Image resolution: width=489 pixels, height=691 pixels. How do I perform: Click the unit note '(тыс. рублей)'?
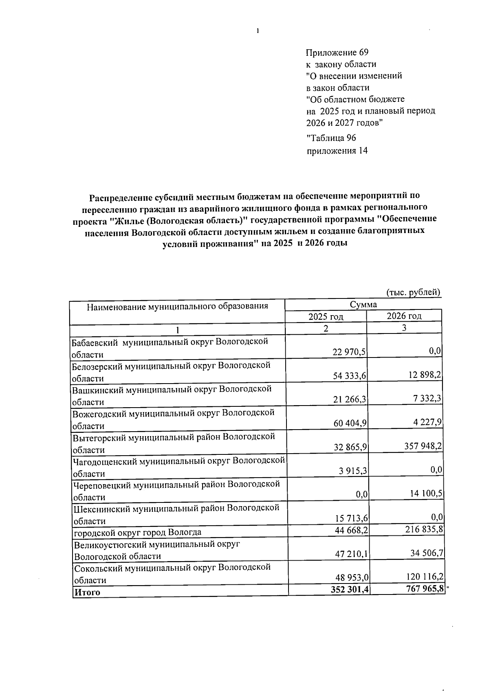coord(413,292)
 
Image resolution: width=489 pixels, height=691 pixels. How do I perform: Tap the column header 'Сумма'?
coord(363,304)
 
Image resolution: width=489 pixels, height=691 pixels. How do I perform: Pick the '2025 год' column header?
coord(326,316)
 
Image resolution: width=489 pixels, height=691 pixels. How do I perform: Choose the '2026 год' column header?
coord(404,316)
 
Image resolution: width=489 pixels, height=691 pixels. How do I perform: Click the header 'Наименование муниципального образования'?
coord(177,306)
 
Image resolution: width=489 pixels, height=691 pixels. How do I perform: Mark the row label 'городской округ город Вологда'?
coord(137,532)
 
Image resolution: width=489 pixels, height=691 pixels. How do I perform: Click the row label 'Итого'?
coord(87,592)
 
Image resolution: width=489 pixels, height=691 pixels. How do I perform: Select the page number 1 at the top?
coord(258,31)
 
